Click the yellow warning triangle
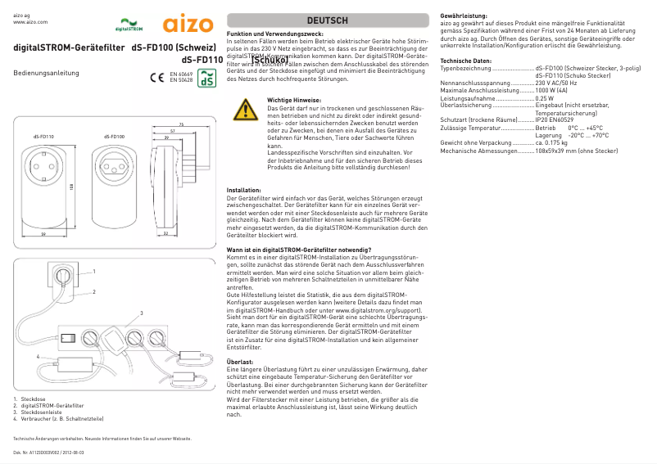[244, 110]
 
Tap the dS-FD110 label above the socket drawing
[43, 137]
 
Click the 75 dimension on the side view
[180, 124]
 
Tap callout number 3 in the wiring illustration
[141, 313]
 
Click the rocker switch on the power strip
[70, 336]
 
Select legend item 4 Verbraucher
[57, 418]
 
